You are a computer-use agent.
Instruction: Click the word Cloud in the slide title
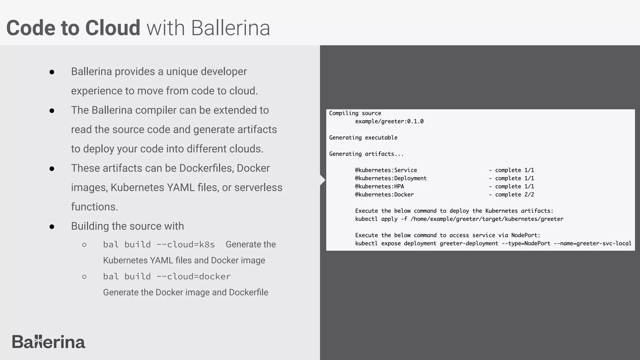coord(112,28)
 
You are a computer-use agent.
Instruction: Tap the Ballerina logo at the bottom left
coord(48,342)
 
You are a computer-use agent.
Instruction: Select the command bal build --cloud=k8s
coord(159,244)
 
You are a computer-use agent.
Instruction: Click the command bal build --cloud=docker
coord(167,277)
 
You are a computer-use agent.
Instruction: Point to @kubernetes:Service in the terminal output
coord(386,170)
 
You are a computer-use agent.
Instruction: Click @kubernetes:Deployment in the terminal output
coord(391,178)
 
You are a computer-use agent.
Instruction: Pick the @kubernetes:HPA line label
coord(379,187)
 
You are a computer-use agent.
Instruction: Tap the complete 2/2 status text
coord(514,195)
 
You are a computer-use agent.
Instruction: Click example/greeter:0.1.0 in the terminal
coord(389,122)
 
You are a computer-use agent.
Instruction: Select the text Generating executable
coord(363,138)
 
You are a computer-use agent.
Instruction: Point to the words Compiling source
coord(355,113)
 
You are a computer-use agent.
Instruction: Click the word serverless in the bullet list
coord(258,187)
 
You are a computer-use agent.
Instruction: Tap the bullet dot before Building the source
coord(52,227)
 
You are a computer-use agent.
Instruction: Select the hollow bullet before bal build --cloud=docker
coord(84,277)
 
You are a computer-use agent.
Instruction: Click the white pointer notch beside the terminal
coord(323,180)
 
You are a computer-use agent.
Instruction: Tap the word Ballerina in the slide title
coord(230,28)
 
